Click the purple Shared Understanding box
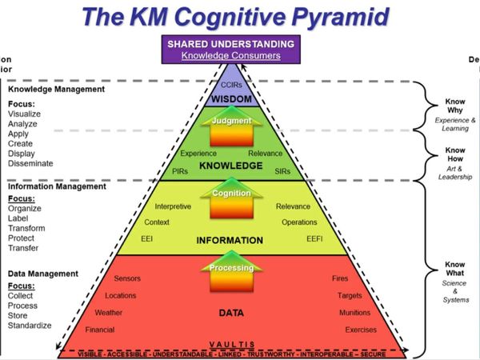point(230,50)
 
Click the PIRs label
point(180,170)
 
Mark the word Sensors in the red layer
point(128,278)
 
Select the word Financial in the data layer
point(100,329)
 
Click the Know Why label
point(455,106)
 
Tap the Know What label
point(455,268)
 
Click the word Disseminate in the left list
point(30,163)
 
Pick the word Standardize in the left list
point(30,326)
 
